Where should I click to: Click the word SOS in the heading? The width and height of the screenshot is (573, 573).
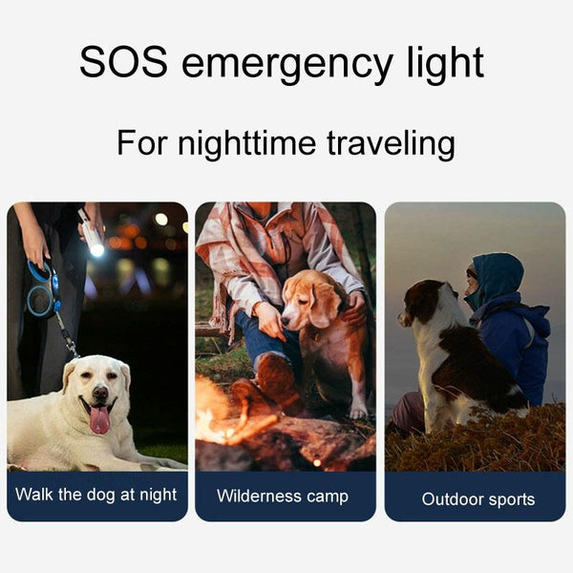[123, 61]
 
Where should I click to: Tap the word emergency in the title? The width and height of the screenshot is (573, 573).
[287, 66]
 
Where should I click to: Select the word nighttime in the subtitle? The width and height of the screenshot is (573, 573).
[246, 144]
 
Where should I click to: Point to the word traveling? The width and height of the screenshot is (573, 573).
[391, 144]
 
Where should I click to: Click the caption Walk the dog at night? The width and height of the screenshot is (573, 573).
[96, 495]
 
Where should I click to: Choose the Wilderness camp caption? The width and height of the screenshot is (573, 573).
[283, 497]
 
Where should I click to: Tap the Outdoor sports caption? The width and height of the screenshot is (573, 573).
[478, 499]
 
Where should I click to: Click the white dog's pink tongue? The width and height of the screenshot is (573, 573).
[99, 419]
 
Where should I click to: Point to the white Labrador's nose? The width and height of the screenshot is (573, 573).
[100, 393]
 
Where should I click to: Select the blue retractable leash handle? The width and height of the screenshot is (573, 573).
[42, 288]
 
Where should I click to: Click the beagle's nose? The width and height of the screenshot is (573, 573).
[286, 322]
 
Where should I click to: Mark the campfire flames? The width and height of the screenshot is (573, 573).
[220, 413]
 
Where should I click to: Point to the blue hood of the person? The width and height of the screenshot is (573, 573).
[498, 277]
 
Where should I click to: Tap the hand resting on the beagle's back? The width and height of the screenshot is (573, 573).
[355, 308]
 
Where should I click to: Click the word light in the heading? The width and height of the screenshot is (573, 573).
[445, 64]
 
